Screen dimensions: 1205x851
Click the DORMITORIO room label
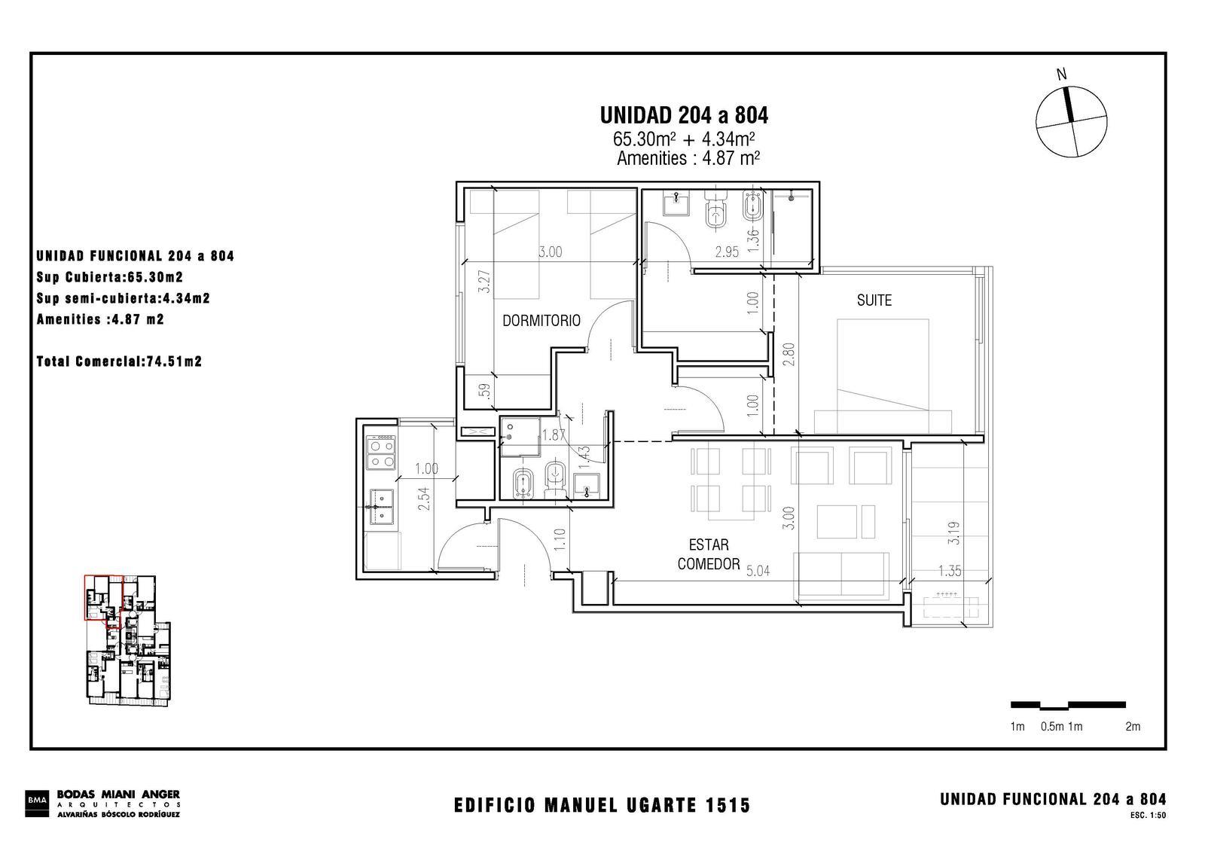[x=541, y=321]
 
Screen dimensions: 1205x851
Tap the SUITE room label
[x=874, y=300]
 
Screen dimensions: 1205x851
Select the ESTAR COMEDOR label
[x=709, y=554]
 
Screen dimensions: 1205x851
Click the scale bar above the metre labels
[x=1068, y=705]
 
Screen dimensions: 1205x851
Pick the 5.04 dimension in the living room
[x=758, y=572]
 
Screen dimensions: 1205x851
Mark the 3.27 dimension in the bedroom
[x=485, y=281]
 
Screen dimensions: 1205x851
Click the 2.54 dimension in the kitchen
[x=425, y=499]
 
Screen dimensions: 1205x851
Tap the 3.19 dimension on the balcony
[x=953, y=533]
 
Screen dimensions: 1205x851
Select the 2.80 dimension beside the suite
[x=789, y=355]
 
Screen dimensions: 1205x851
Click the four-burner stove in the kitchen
[x=380, y=453]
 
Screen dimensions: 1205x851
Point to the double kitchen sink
[x=381, y=507]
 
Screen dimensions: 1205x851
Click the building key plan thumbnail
[x=128, y=640]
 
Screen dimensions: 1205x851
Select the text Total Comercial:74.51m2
[x=120, y=361]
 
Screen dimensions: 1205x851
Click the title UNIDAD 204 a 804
[x=684, y=115]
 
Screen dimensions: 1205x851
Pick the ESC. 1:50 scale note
[x=1148, y=816]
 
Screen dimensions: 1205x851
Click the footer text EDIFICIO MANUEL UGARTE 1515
[x=602, y=805]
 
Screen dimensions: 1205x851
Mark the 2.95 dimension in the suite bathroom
[x=727, y=252]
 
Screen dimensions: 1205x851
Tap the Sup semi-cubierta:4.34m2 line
[x=124, y=298]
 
